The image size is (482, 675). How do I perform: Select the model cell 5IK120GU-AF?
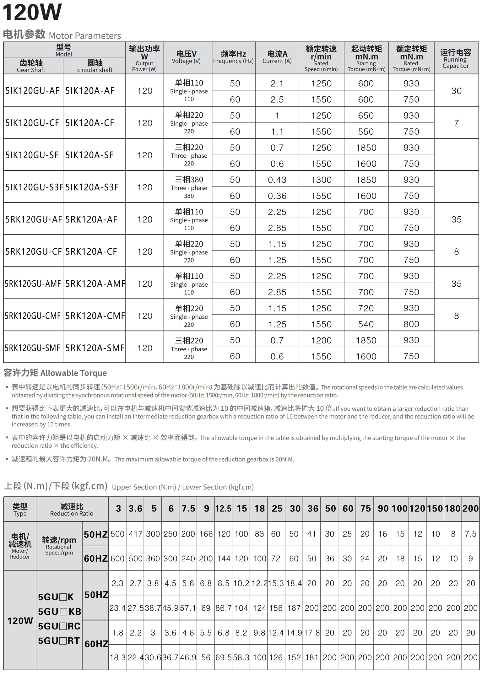point(32,91)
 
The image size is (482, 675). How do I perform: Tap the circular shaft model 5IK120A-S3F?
point(92,187)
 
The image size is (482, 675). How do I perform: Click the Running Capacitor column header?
point(456,58)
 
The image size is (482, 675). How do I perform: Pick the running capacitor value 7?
point(456,123)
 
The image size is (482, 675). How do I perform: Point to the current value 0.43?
point(277,180)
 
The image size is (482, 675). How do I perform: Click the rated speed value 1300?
point(321,180)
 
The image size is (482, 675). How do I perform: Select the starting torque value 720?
point(366,308)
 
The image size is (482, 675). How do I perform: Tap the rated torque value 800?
point(411,324)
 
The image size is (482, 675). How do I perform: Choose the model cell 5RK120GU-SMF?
point(32,348)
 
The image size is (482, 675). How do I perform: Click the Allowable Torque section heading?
point(55,373)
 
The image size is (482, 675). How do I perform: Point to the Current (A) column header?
point(277,57)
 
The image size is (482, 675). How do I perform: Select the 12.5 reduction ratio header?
point(223,509)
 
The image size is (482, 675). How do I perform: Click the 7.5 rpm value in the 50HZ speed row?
point(470,534)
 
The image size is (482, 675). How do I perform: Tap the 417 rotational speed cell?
point(135,534)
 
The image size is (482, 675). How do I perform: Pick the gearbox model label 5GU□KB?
point(59,612)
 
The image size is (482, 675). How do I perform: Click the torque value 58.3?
point(241,657)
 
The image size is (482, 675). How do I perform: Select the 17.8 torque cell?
point(311,633)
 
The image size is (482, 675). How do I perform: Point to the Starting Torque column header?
point(366,58)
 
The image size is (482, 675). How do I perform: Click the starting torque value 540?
point(366,324)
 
